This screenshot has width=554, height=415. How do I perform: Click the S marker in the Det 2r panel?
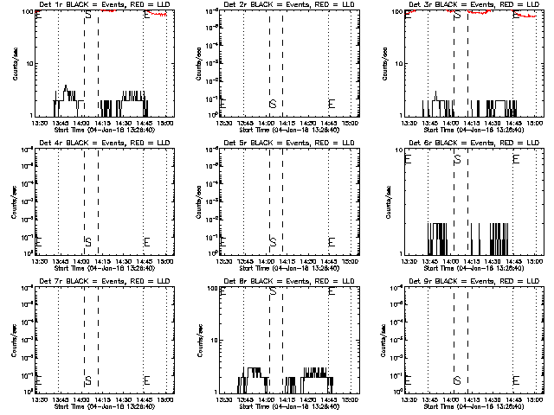(x=273, y=104)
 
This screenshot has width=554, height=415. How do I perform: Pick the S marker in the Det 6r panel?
(x=457, y=159)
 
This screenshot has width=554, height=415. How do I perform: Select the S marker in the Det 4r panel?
(x=87, y=241)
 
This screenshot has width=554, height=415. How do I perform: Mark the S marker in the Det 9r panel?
(x=457, y=380)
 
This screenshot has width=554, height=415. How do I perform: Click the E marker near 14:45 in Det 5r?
(x=332, y=241)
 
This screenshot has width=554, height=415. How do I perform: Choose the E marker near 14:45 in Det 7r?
(x=146, y=380)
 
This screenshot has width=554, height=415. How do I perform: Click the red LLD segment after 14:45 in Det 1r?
(x=158, y=16)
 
